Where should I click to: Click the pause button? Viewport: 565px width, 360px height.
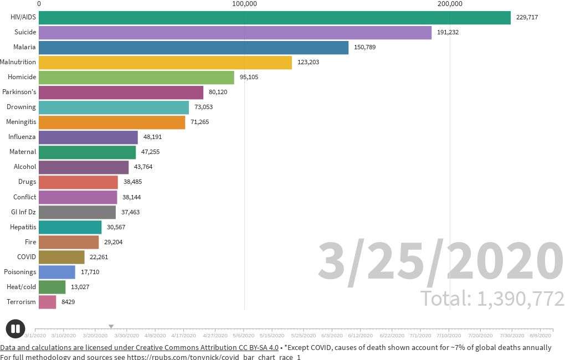point(16,328)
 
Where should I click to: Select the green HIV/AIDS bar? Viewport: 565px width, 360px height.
point(274,17)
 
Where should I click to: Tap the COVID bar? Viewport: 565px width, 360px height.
point(61,257)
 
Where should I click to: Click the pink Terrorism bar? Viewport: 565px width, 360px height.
point(47,302)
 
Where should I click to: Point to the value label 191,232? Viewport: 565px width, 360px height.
point(448,32)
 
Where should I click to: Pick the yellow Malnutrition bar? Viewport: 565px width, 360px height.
point(165,62)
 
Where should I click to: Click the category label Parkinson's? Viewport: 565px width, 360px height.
point(19,92)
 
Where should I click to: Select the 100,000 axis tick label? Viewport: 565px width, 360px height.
point(244,4)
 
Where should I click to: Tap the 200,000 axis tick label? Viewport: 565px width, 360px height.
point(450,4)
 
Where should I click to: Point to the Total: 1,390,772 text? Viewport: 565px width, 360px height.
point(492,299)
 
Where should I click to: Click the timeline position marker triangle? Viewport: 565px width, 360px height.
point(111,327)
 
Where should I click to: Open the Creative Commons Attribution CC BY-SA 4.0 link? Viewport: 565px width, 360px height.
point(139,347)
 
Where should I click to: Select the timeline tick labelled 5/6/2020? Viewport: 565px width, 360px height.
point(243,335)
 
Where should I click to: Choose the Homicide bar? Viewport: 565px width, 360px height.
point(136,77)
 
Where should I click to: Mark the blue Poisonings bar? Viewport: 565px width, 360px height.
point(57,272)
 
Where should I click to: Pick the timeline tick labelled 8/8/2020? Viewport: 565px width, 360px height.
point(541,335)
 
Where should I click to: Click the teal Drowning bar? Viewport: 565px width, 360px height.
point(114,107)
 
